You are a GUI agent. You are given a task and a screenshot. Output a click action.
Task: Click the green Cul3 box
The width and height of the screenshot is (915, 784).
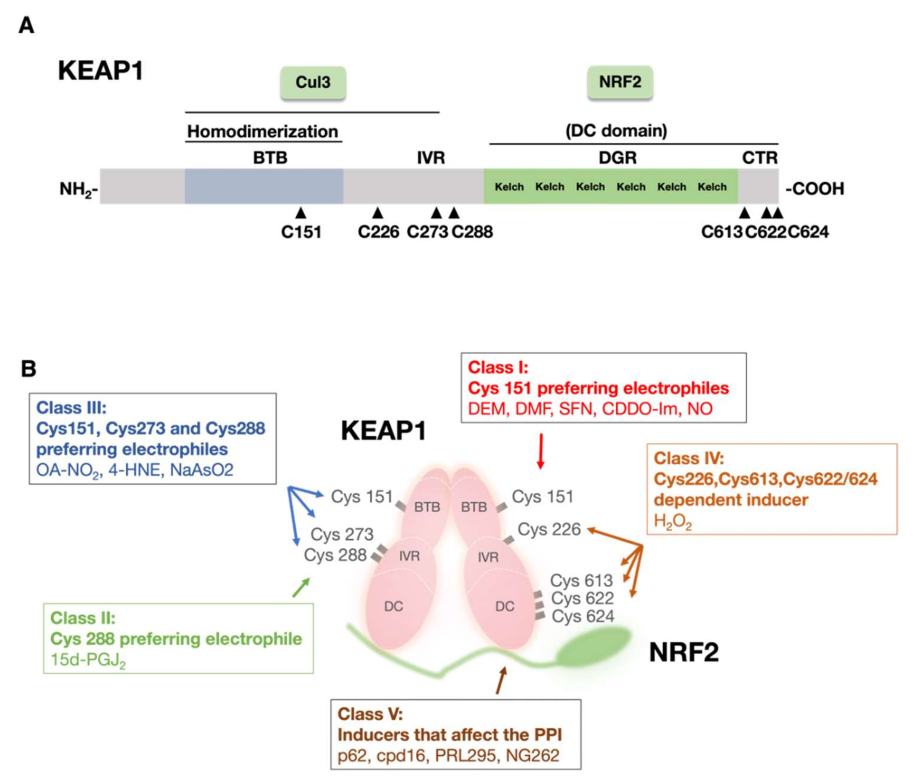click(x=313, y=82)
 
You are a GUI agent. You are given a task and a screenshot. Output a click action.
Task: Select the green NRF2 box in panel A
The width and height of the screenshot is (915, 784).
click(x=620, y=82)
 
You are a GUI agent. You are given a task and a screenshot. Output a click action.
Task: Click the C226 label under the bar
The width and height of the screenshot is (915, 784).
click(x=378, y=232)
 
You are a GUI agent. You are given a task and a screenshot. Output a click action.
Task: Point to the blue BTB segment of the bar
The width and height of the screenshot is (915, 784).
click(x=264, y=186)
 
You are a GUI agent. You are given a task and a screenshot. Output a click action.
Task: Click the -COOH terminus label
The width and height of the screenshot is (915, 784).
click(x=815, y=189)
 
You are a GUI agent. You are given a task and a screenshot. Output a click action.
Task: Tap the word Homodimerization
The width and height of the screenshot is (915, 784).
click(x=263, y=131)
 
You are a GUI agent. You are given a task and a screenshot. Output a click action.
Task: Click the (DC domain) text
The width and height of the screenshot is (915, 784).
click(x=617, y=130)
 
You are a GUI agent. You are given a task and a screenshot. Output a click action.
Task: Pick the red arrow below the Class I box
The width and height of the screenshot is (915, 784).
click(x=540, y=451)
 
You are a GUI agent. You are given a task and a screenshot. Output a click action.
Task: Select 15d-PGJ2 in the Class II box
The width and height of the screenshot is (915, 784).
click(x=88, y=660)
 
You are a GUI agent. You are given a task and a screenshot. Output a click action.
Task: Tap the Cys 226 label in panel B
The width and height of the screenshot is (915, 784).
click(x=549, y=529)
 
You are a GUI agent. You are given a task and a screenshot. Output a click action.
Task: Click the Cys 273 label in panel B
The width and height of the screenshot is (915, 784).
click(x=342, y=534)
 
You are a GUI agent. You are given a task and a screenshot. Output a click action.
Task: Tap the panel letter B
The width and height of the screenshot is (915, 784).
click(x=29, y=369)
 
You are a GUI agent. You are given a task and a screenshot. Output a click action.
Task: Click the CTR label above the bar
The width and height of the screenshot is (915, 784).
click(x=759, y=158)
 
